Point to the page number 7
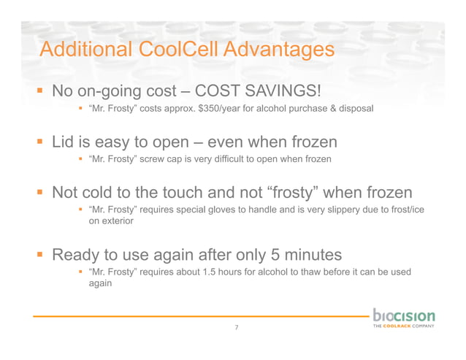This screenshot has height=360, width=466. (236, 328)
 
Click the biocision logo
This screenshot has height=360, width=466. (403, 319)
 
